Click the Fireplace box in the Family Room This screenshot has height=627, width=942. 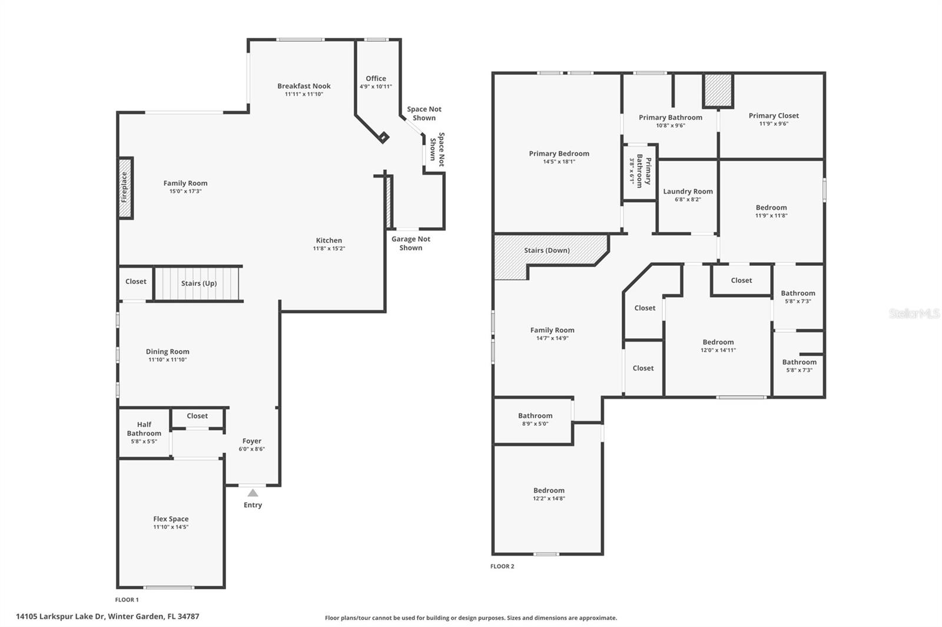125,188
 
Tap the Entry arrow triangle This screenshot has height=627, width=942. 253,493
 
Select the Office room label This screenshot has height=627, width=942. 376,78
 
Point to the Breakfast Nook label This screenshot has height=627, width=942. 304,86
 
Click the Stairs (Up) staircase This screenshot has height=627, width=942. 198,284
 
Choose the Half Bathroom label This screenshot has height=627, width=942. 144,429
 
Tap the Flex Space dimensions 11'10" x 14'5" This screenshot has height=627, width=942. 171,527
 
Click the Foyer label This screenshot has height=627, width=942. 251,441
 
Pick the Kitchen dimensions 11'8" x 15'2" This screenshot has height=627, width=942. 329,248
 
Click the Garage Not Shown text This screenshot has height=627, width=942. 411,243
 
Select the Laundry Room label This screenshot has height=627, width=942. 688,191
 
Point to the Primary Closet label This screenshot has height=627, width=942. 774,115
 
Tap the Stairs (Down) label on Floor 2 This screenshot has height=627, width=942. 547,250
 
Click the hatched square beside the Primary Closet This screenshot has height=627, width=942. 718,90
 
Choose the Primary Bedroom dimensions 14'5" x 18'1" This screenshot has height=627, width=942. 559,161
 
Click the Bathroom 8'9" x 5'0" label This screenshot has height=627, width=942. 535,416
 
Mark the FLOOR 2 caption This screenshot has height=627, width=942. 502,566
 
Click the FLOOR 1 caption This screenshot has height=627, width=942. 127,600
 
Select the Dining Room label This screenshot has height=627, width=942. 168,352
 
